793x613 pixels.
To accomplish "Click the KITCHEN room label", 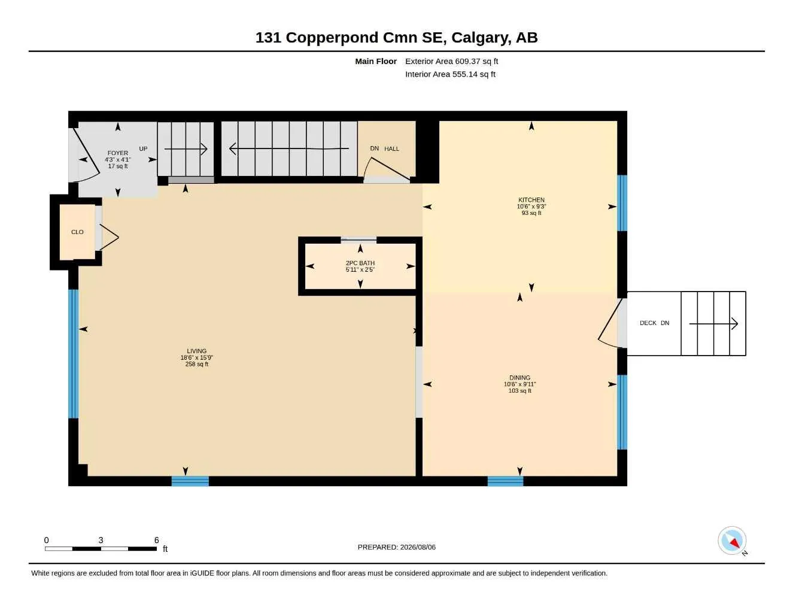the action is click(531, 200).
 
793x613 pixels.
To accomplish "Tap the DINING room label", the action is click(519, 378).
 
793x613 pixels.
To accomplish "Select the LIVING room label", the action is click(196, 351).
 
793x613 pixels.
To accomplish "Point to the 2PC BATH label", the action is click(360, 263).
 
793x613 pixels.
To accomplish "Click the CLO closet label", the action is click(77, 232).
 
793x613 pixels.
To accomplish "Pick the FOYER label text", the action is click(117, 153).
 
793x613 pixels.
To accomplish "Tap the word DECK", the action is click(648, 323).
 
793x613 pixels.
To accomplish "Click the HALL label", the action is click(391, 149).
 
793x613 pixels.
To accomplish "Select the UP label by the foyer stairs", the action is click(143, 149).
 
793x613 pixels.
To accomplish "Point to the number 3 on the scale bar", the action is click(101, 540).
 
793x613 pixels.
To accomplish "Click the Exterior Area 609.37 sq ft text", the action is click(451, 61).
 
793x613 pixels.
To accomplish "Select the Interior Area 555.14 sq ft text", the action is click(450, 74).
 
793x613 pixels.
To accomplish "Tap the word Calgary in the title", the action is click(480, 38).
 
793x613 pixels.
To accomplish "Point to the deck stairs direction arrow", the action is click(713, 324).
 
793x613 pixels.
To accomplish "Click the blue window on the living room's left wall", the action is click(74, 354).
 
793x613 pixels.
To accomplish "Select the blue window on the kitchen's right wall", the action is click(622, 204).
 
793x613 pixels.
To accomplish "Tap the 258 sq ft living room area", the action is click(197, 364).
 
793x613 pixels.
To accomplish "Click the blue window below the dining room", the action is click(506, 481).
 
